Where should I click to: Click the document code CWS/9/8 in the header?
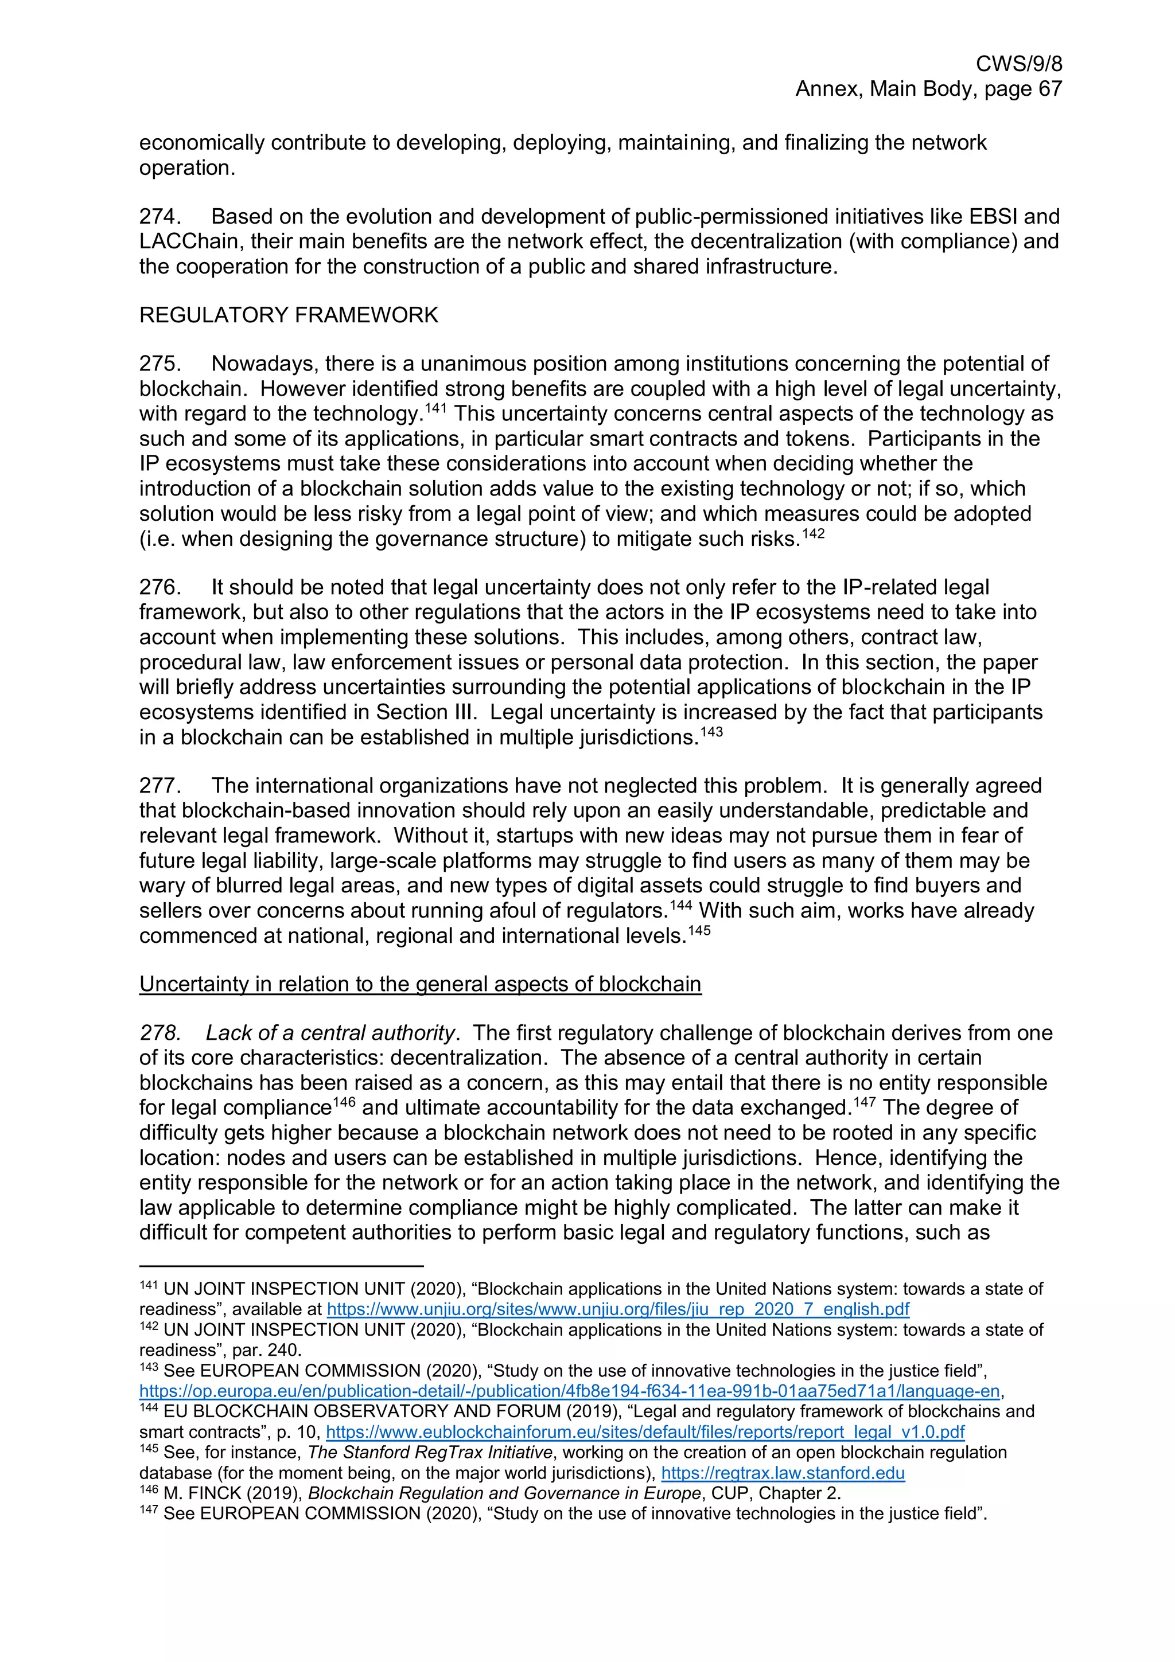[1018, 64]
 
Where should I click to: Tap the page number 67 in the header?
[1049, 89]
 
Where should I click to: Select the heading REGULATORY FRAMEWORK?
[288, 315]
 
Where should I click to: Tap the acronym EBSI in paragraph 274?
[990, 216]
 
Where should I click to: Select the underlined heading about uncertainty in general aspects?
[420, 985]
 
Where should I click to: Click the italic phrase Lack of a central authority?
[330, 1033]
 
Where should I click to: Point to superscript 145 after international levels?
[699, 931]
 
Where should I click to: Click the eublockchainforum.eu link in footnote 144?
[645, 1432]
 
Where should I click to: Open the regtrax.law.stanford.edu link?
[783, 1473]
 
